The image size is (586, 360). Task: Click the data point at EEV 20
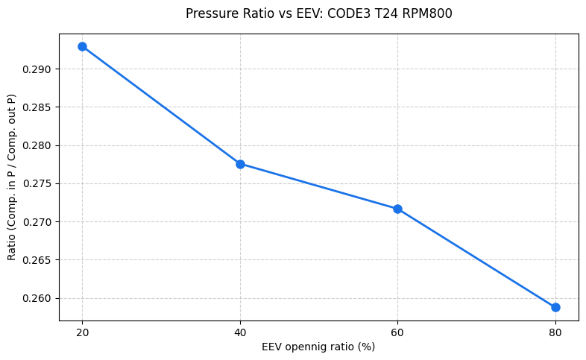pyautogui.click(x=82, y=46)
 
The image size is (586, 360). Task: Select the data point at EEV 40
pyautogui.click(x=240, y=164)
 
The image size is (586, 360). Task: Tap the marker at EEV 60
pyautogui.click(x=397, y=209)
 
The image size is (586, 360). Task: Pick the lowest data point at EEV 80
pyautogui.click(x=555, y=307)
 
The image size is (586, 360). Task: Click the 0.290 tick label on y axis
pyautogui.click(x=37, y=69)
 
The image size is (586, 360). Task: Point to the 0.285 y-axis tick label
pyautogui.click(x=37, y=107)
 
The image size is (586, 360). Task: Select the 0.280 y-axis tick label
pyautogui.click(x=37, y=145)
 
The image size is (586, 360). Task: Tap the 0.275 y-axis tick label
pyautogui.click(x=37, y=183)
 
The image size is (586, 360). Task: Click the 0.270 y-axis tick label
pyautogui.click(x=37, y=222)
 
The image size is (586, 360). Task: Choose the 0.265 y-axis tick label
pyautogui.click(x=37, y=260)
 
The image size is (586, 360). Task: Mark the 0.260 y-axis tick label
pyautogui.click(x=37, y=298)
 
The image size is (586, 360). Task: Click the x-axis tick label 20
pyautogui.click(x=82, y=332)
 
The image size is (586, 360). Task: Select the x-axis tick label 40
pyautogui.click(x=240, y=332)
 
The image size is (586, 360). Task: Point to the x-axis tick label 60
pyautogui.click(x=397, y=332)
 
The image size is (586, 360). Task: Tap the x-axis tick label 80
pyautogui.click(x=555, y=332)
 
